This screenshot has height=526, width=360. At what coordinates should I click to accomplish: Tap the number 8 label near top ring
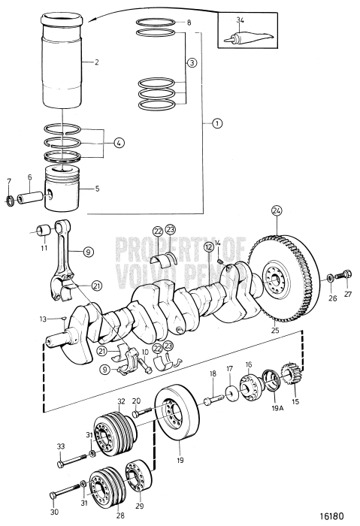pos(189,23)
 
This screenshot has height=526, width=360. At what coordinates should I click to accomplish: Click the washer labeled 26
pos(331,279)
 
